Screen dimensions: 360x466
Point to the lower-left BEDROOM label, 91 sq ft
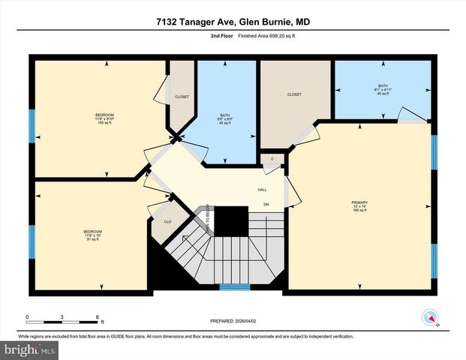pos(92,235)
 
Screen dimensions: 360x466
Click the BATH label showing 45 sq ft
pos(223,118)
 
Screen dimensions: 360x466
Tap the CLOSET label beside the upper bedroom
pos(182,97)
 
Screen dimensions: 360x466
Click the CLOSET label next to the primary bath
pos(294,94)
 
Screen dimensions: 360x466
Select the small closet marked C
pos(272,159)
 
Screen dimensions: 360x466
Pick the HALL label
pos(263,189)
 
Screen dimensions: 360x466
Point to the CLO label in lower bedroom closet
pos(167,222)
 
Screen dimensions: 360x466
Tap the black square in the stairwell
pos(233,221)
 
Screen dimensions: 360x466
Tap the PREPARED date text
pos(233,322)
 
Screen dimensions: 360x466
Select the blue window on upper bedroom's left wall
pos(32,125)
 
